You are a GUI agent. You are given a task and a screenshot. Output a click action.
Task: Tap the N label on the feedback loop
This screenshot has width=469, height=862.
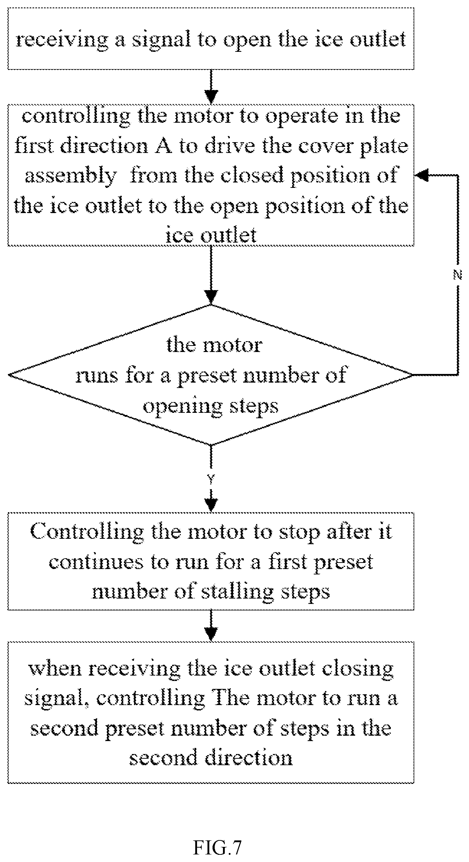tap(457, 276)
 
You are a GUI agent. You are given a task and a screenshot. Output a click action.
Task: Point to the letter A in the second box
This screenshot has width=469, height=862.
tap(162, 146)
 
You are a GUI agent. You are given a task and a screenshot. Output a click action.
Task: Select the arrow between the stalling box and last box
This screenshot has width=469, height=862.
tap(211, 626)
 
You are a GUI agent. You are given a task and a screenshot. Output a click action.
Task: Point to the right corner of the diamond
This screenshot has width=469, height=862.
tap(413, 375)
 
